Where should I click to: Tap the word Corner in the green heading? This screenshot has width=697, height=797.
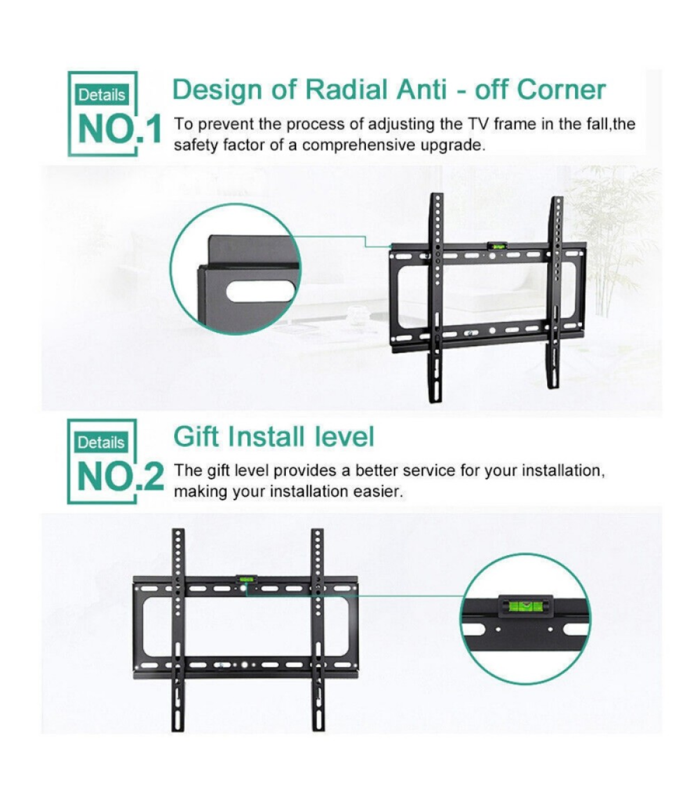click(562, 90)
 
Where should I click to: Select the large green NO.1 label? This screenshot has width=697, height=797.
click(120, 129)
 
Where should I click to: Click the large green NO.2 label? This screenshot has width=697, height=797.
click(120, 476)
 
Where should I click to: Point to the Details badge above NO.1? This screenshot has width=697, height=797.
click(102, 95)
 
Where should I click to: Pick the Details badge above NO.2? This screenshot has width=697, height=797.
click(101, 443)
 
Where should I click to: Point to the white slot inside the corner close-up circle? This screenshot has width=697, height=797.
click(260, 292)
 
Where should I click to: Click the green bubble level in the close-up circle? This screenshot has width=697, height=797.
click(525, 606)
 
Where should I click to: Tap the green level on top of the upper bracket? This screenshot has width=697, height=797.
click(497, 245)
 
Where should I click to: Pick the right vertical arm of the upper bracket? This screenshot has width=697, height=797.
click(555, 292)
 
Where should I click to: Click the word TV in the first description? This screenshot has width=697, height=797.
click(476, 125)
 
